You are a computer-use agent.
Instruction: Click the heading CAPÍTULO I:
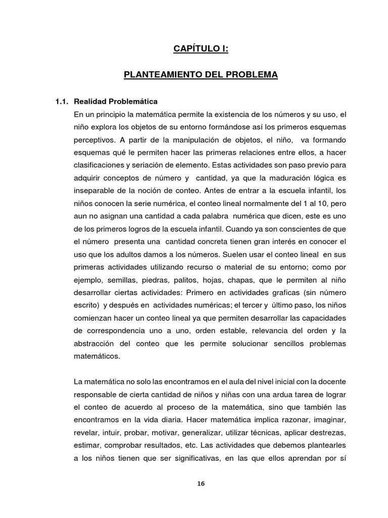(201, 49)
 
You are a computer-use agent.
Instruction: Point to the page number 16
(201, 483)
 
